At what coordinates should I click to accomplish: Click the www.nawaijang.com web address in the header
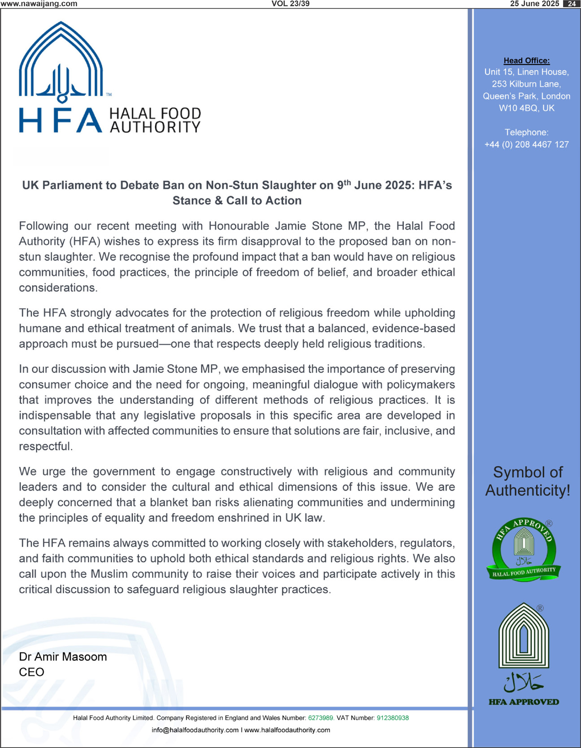(39, 4)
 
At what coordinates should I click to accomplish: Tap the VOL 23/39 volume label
(290, 4)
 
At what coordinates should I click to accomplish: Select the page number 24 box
(571, 4)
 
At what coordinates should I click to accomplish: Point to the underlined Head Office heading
(526, 61)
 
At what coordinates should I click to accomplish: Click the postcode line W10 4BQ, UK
(526, 108)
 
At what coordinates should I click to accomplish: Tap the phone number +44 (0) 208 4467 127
(526, 144)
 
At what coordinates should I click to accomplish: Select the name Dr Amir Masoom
(63, 657)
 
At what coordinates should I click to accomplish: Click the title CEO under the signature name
(31, 672)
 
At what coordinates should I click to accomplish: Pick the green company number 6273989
(321, 718)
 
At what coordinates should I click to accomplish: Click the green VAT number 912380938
(393, 718)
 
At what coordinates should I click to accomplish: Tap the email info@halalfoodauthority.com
(195, 730)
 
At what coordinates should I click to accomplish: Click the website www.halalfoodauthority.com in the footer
(287, 730)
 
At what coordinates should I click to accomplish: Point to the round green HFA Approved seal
(524, 550)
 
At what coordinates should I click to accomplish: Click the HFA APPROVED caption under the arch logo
(524, 702)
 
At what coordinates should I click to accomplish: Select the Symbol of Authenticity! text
(528, 481)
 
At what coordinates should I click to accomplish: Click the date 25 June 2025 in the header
(534, 4)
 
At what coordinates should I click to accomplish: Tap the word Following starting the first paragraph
(43, 226)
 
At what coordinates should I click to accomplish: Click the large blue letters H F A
(60, 121)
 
